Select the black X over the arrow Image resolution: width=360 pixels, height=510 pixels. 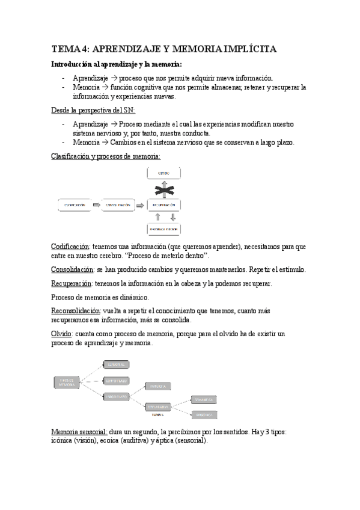click(x=163, y=190)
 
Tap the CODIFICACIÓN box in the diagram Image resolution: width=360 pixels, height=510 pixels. click(x=76, y=206)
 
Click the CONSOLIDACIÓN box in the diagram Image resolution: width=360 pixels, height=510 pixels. click(x=119, y=206)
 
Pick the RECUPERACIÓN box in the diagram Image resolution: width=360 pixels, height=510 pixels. click(x=163, y=206)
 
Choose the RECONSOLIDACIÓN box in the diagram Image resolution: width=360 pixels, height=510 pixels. click(x=163, y=229)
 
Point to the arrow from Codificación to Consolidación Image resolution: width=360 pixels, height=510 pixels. click(x=97, y=206)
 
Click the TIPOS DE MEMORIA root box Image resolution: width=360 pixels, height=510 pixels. click(x=67, y=381)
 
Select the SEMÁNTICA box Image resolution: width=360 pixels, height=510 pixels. click(x=204, y=399)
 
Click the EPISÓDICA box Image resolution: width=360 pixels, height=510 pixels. click(x=204, y=414)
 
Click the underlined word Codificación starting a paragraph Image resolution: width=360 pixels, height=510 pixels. click(x=70, y=247)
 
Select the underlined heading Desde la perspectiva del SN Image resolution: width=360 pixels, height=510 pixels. click(x=93, y=110)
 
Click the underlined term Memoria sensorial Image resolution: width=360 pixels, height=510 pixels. click(x=79, y=432)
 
